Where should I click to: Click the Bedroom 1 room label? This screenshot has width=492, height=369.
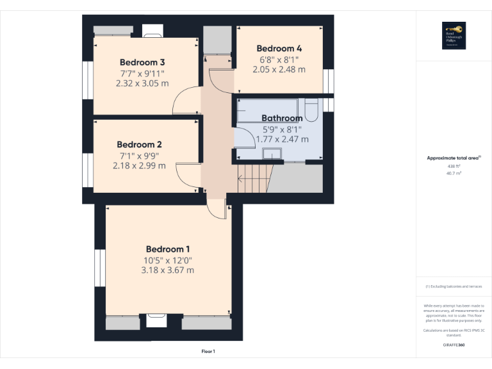tap(168, 249)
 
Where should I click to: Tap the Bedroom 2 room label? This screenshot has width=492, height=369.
tap(138, 145)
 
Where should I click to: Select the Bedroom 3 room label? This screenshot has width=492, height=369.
tap(142, 62)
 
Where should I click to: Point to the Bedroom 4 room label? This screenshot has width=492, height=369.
tap(279, 48)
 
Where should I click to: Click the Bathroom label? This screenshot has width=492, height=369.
tap(282, 119)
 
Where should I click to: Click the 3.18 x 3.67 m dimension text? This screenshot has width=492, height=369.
tap(168, 270)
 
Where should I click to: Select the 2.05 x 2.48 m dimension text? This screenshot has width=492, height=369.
tap(279, 69)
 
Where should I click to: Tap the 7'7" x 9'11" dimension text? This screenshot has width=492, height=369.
tap(142, 73)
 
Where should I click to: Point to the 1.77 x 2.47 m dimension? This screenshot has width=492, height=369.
tap(282, 139)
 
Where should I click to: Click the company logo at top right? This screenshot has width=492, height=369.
tap(454, 36)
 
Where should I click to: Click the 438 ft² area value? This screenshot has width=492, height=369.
tap(454, 166)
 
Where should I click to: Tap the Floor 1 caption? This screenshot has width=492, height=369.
tap(208, 352)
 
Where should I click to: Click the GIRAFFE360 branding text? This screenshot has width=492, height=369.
tap(454, 345)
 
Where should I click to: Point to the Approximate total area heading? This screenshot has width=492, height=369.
tap(454, 158)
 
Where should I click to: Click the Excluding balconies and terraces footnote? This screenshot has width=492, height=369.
tap(454, 286)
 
